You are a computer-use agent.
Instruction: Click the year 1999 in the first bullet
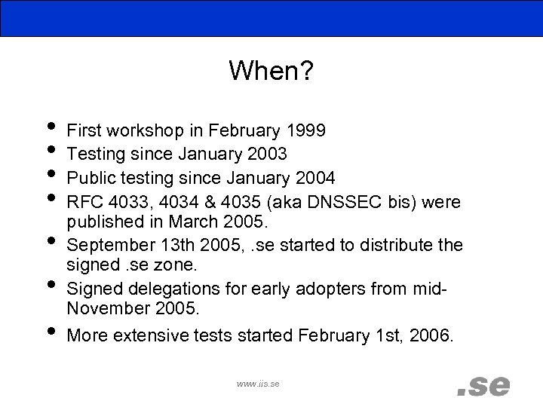pos(307,131)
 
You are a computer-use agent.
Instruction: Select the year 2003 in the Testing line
pos(267,155)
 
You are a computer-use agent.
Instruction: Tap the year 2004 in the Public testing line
pos(315,179)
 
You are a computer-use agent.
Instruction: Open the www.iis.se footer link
pos(258,384)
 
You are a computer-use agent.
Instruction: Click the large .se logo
pos(483,385)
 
